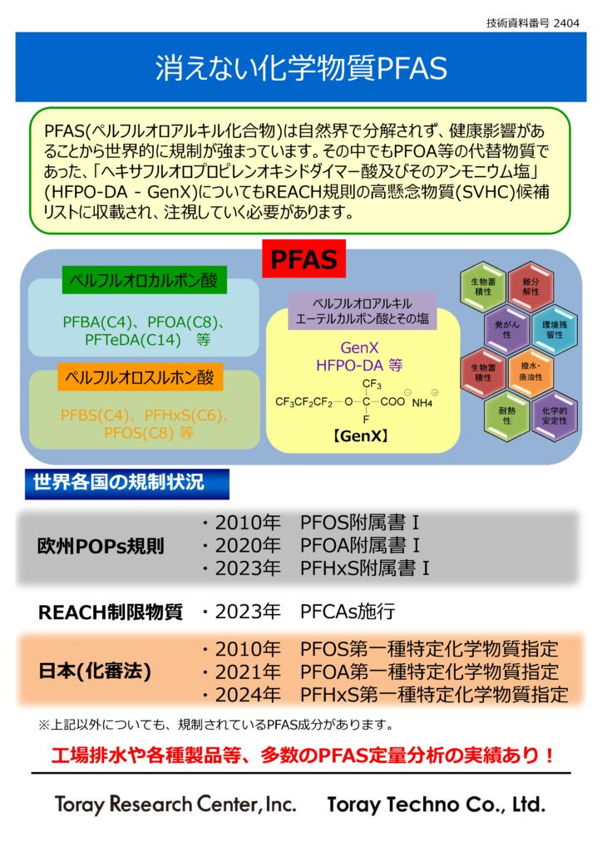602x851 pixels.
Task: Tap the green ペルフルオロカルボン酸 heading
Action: pyautogui.click(x=145, y=281)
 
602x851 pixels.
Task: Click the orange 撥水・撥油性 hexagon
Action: pyautogui.click(x=530, y=371)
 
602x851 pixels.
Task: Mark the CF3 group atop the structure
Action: pyautogui.click(x=372, y=384)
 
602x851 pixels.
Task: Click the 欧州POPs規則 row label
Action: pyautogui.click(x=101, y=546)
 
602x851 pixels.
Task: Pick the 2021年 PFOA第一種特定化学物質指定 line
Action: pyautogui.click(x=385, y=671)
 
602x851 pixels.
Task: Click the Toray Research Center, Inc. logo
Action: pyautogui.click(x=175, y=804)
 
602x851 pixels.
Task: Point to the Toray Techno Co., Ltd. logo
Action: pyautogui.click(x=437, y=804)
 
